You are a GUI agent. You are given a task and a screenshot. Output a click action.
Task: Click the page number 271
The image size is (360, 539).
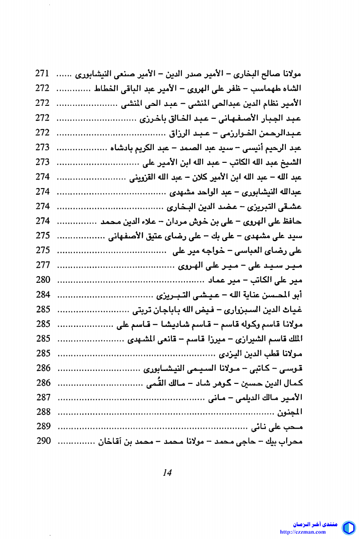43,73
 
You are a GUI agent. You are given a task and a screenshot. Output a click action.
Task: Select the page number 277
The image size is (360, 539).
43,265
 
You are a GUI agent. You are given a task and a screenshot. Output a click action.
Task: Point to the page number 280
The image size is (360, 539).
43,280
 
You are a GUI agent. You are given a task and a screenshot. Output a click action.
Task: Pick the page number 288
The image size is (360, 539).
43,411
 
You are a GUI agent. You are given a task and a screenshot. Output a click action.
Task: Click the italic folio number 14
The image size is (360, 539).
167,472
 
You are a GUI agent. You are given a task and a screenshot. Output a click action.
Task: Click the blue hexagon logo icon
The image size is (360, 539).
348,528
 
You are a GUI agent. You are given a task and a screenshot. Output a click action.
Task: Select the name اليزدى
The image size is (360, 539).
231,354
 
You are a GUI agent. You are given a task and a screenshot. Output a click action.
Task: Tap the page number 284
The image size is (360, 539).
43,294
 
